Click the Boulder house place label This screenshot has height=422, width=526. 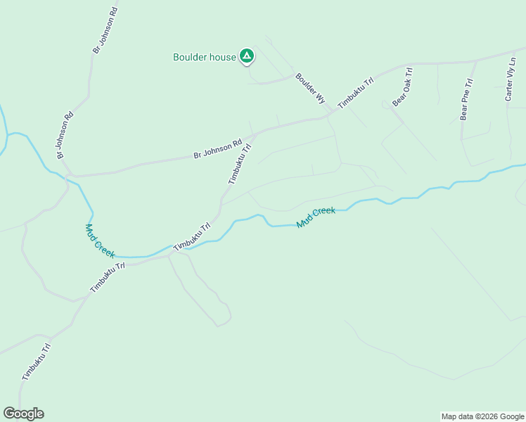point(205,57)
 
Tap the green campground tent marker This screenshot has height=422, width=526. point(246,56)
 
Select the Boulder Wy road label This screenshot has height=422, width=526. point(309,89)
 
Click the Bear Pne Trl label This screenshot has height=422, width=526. point(466,99)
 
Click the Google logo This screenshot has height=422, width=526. point(24,414)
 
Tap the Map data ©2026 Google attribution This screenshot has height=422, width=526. point(482,416)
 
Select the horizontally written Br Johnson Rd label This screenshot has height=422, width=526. point(217,147)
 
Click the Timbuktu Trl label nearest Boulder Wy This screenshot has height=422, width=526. point(355,93)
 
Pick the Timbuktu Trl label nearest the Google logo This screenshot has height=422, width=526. point(37,362)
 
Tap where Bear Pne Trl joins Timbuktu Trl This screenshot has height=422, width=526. point(477,60)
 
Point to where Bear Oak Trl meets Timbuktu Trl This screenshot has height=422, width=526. point(409,66)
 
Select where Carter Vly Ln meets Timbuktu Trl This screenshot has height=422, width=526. point(517,53)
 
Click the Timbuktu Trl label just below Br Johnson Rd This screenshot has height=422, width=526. point(239,164)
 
